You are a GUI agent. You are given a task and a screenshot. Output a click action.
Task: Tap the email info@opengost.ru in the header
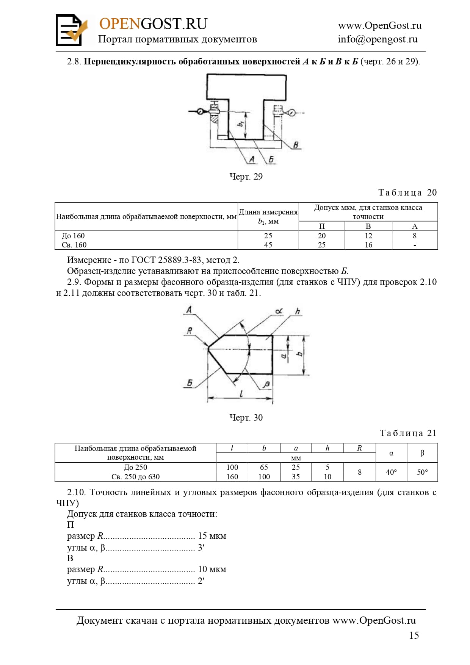coord(378,39)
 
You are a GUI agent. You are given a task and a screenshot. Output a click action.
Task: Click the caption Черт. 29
coord(246,176)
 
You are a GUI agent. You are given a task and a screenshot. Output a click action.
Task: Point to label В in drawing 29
coord(296,145)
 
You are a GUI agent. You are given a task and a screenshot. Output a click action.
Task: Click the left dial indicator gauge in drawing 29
coord(200,111)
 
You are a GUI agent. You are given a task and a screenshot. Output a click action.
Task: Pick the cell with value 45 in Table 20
coord(268,245)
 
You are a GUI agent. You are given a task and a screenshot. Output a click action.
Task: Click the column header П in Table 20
coord(322,226)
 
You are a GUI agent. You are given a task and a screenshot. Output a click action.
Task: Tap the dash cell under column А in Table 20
coord(415,245)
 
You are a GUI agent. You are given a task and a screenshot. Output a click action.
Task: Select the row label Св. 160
coord(74,245)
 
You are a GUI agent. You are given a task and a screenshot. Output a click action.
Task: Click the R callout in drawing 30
coord(190,330)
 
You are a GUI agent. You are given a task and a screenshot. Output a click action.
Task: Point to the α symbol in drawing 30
coord(279,311)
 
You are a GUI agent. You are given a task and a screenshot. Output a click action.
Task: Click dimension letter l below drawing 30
coord(241,393)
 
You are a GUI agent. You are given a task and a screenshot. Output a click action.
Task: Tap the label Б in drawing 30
coord(190,383)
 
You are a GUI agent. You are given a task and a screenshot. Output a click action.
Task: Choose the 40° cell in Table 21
coord(391,472)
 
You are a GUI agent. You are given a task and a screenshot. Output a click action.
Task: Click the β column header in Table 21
coord(422,453)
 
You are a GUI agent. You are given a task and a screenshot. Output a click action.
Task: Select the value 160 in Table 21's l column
coord(232,477)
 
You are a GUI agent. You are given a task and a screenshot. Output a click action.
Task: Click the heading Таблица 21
coord(408,433)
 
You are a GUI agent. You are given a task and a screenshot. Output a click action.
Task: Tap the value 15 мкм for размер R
coord(212,536)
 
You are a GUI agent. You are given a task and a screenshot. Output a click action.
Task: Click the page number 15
coord(414,635)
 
